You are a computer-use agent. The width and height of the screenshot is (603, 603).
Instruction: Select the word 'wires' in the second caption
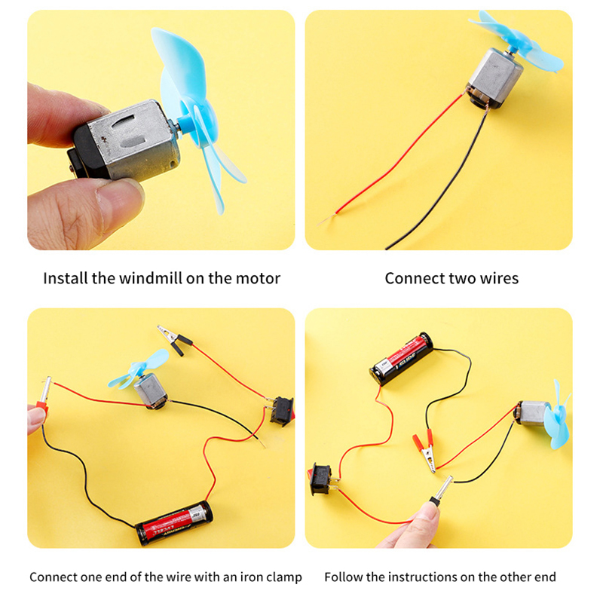(499, 278)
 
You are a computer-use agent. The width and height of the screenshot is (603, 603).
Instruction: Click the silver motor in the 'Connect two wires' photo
(495, 77)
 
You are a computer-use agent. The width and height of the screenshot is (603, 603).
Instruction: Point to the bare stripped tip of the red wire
(326, 220)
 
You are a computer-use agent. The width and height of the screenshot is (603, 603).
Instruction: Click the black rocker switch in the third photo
(282, 411)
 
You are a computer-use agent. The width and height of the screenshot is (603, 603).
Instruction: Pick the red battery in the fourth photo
(402, 358)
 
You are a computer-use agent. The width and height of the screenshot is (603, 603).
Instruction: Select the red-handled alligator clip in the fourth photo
(425, 451)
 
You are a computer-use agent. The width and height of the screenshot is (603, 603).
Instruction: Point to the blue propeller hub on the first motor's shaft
(189, 126)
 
